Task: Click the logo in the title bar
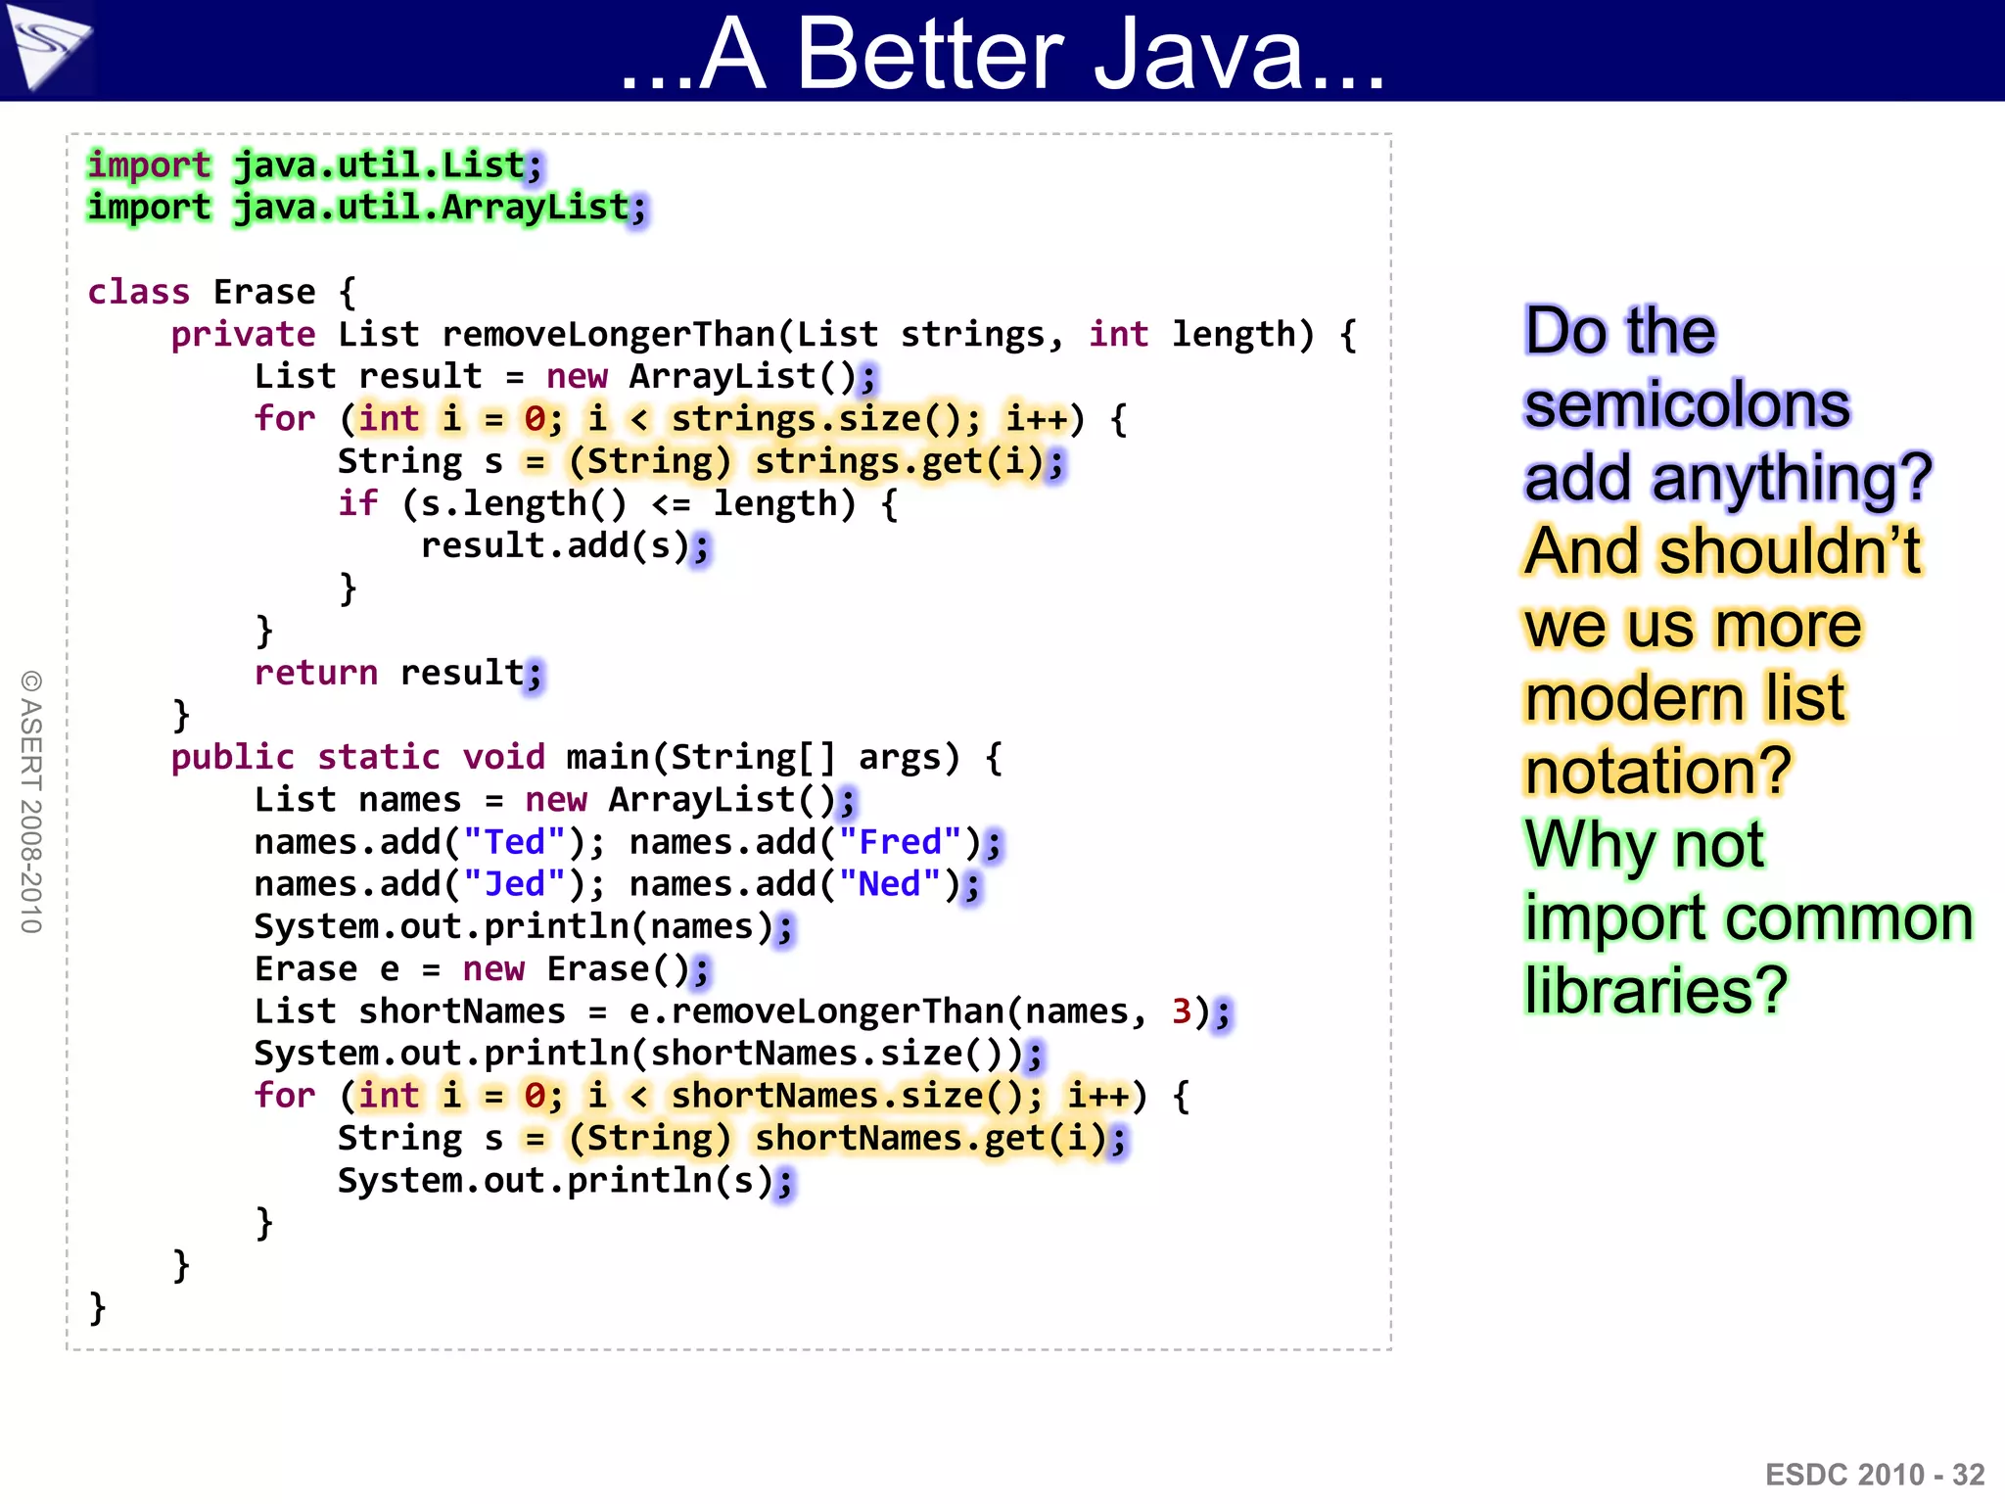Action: point(47,47)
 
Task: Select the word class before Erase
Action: point(138,292)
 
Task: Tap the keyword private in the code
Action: point(243,335)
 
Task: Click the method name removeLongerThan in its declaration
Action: point(609,335)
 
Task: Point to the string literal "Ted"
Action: point(514,842)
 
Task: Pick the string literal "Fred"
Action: point(900,842)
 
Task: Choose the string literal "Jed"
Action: point(514,884)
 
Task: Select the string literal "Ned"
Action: point(890,884)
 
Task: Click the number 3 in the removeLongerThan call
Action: point(1182,1010)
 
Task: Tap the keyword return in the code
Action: point(315,673)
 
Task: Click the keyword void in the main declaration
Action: point(503,757)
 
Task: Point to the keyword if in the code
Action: point(357,503)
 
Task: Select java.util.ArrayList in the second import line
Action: point(431,208)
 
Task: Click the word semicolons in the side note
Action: point(1687,404)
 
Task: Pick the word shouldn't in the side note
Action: point(1791,551)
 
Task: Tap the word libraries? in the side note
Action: point(1655,991)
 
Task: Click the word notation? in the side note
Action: point(1657,772)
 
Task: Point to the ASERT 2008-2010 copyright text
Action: point(31,802)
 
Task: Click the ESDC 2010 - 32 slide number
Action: point(1874,1475)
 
